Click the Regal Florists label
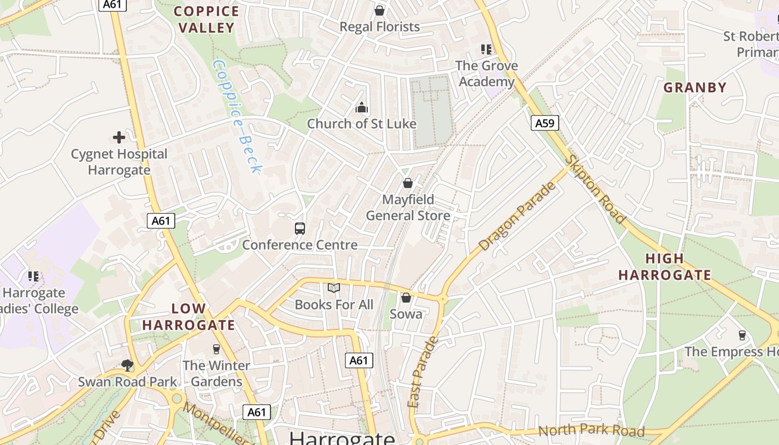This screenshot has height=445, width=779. pyautogui.click(x=379, y=27)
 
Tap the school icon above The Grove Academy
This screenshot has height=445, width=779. pyautogui.click(x=487, y=50)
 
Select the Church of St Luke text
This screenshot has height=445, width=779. pyautogui.click(x=362, y=123)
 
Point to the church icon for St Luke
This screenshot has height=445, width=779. pyautogui.click(x=362, y=107)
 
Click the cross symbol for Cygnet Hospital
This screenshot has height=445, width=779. pyautogui.click(x=119, y=137)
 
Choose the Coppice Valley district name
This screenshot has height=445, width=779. pyautogui.click(x=206, y=19)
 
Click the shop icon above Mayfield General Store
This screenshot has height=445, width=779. pyautogui.click(x=408, y=183)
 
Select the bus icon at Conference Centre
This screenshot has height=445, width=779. pyautogui.click(x=300, y=228)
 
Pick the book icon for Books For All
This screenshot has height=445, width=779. pyautogui.click(x=334, y=288)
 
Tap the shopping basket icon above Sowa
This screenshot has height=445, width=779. pyautogui.click(x=406, y=298)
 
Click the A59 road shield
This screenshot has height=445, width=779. pyautogui.click(x=544, y=123)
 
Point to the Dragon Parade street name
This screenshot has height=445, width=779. pyautogui.click(x=517, y=217)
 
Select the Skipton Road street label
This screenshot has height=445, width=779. pyautogui.click(x=596, y=189)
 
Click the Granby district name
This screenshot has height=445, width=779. pyautogui.click(x=695, y=87)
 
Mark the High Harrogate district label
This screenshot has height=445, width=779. pyautogui.click(x=664, y=266)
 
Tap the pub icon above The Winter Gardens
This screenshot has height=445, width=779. pyautogui.click(x=216, y=349)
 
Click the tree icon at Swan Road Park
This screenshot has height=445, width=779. pyautogui.click(x=127, y=365)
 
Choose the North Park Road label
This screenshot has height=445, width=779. pyautogui.click(x=591, y=431)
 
